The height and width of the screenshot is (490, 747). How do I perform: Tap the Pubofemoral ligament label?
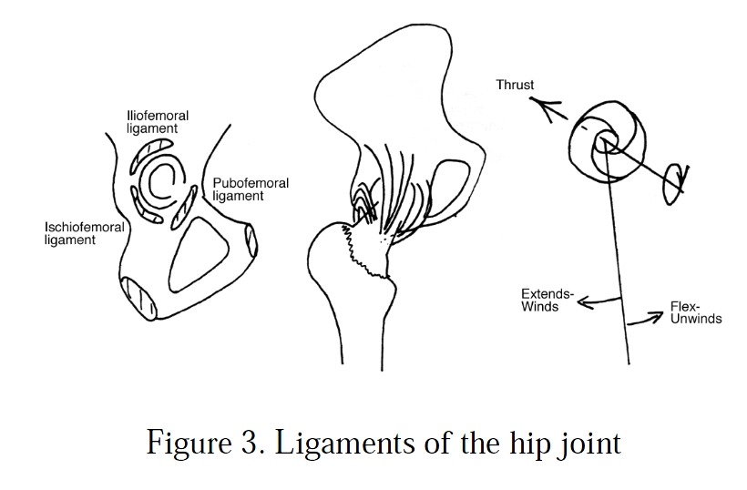[x=251, y=189]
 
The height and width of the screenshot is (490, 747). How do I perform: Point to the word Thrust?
[x=515, y=86]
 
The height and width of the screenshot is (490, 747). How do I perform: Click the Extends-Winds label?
[x=547, y=301]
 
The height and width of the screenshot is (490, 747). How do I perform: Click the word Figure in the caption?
[x=184, y=444]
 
